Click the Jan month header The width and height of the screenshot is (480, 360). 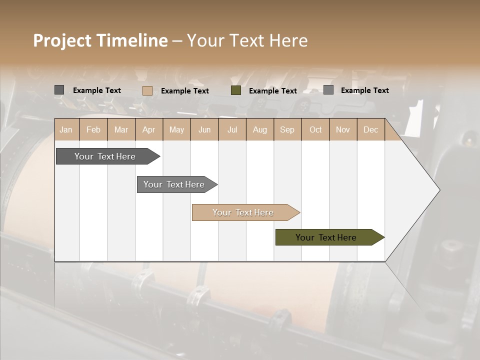[x=66, y=130]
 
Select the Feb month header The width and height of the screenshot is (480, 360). [x=93, y=130]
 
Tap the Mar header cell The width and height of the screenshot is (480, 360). [x=121, y=130]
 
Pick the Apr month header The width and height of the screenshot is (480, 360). [x=149, y=130]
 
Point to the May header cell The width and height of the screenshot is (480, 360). [x=176, y=130]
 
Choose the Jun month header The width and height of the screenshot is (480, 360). [x=204, y=130]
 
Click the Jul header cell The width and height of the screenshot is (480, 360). [x=232, y=130]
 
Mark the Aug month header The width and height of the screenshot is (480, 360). [x=260, y=130]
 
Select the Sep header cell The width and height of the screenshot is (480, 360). [x=287, y=130]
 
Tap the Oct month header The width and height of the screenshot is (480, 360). [x=315, y=130]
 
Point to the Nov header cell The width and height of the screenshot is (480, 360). [x=343, y=130]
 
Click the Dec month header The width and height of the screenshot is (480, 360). [x=370, y=130]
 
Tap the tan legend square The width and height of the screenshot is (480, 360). [x=147, y=90]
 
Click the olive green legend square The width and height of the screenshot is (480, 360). [x=236, y=90]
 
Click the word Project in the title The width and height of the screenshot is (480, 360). [x=63, y=41]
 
